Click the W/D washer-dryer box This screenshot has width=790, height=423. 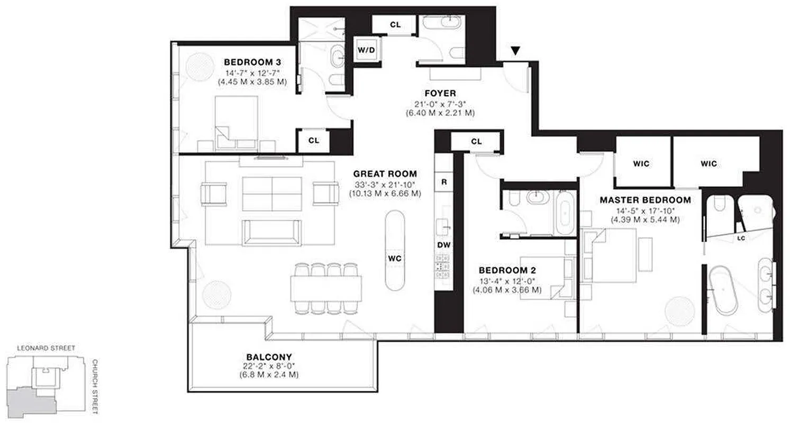coord(366,50)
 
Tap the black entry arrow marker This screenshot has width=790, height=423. coord(515,51)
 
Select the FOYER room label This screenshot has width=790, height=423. coord(440,94)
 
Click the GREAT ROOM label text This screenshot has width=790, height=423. coord(385,173)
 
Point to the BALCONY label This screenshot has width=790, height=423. coord(269,356)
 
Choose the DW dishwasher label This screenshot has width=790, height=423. coord(443,245)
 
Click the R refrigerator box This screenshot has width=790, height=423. coord(443,181)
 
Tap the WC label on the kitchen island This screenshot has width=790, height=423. coord(394,259)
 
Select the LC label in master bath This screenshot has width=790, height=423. coord(741,238)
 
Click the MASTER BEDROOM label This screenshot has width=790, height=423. coord(645,200)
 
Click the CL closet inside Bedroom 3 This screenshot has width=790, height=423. coord(313,141)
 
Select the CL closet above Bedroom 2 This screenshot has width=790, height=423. coord(476,141)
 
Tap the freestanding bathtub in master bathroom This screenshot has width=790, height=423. coord(722,291)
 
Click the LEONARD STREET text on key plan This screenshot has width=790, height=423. coord(46,348)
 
